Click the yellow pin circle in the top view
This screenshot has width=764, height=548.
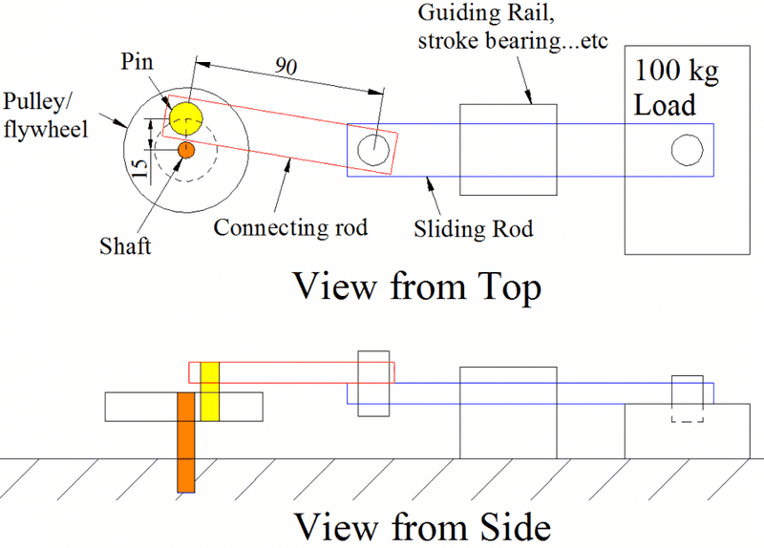(x=185, y=117)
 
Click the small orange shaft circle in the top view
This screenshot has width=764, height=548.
(x=186, y=150)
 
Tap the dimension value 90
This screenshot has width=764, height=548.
(x=285, y=66)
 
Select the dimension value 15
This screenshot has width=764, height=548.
(x=140, y=169)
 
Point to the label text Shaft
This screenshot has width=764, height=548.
(x=125, y=246)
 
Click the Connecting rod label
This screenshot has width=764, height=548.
(x=290, y=228)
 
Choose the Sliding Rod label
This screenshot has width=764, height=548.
(x=473, y=229)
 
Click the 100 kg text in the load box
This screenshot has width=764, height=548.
(x=673, y=73)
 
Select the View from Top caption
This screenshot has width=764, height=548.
(x=416, y=286)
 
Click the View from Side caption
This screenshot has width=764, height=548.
(x=421, y=526)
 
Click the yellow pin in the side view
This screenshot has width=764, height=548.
(x=210, y=391)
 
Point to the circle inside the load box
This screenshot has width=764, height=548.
(x=686, y=149)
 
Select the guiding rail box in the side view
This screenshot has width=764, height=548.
(x=508, y=412)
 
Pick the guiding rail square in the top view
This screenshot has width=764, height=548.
(x=508, y=149)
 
